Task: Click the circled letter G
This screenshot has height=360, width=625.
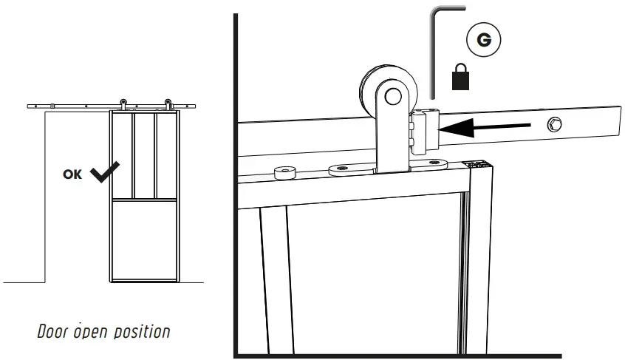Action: tap(484, 40)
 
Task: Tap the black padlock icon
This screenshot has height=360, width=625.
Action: tap(462, 77)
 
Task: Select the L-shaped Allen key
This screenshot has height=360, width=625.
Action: tap(434, 52)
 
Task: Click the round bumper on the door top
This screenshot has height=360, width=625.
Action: tap(283, 173)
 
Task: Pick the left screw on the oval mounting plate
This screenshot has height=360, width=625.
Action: tap(341, 169)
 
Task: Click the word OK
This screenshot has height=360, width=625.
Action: tap(74, 175)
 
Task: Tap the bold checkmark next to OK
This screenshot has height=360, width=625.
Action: tap(106, 173)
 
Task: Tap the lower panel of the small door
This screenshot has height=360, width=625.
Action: tap(144, 240)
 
